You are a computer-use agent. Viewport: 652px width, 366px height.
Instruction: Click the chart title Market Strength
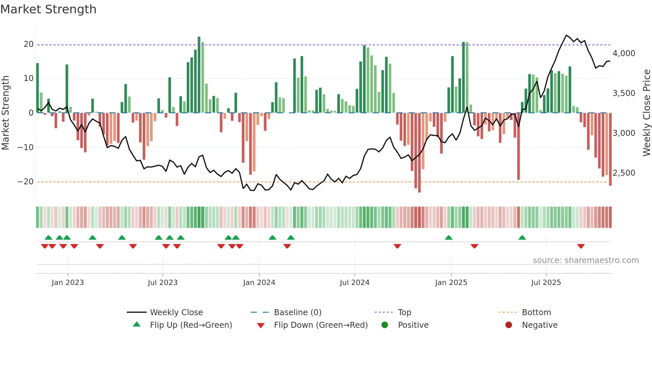coord(48,9)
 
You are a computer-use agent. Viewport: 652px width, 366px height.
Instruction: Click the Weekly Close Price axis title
coord(646,113)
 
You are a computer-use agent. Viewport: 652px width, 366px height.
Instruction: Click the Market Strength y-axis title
coord(5,113)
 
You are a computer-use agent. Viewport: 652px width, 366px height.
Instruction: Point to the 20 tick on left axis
coord(29,44)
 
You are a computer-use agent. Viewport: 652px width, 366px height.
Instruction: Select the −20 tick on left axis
coord(26,182)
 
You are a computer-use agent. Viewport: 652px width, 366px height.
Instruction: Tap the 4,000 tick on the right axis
coord(624,53)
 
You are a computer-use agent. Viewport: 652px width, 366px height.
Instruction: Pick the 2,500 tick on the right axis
coord(624,173)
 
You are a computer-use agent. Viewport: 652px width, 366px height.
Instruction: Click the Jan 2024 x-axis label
coord(259,283)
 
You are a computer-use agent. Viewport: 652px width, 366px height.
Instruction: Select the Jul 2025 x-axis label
coord(546,283)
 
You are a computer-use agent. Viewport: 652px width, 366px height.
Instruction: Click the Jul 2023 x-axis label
coord(163,283)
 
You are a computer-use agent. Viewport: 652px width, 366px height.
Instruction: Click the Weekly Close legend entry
coord(176,313)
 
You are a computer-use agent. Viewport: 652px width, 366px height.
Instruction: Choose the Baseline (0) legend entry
coord(297,313)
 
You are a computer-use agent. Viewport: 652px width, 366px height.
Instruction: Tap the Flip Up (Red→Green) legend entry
coord(191,325)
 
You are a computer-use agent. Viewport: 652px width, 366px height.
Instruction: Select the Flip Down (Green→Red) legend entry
coord(321,325)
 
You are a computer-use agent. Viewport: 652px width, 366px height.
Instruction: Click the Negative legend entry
coord(539,325)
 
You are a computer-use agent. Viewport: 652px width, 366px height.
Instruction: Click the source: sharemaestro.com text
coord(585,260)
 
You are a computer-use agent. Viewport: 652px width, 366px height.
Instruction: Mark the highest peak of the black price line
coord(566,35)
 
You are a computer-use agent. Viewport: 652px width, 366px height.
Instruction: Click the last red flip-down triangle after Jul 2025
coord(581,246)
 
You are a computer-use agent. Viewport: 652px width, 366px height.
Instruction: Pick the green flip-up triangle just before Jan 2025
coord(448,237)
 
